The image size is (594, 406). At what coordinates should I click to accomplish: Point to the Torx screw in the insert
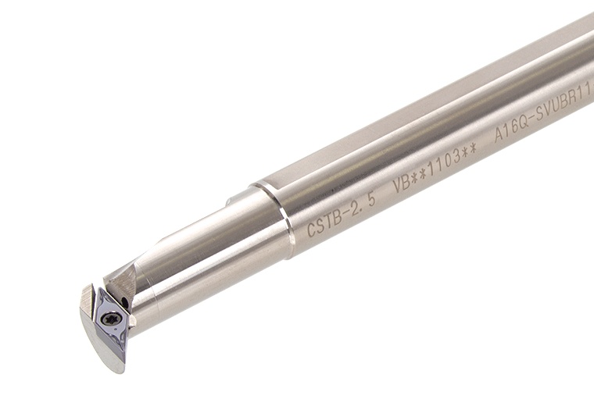pos(113,318)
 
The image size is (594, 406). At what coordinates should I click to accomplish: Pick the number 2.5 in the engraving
pos(363,205)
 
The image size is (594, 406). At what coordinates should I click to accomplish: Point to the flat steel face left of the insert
pos(87,304)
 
